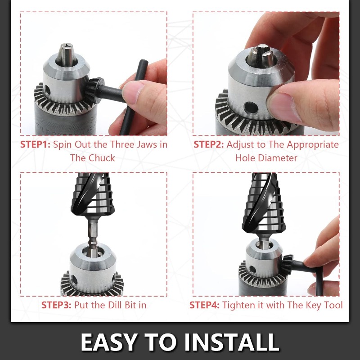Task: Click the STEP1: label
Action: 35,144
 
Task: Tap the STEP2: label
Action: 208,144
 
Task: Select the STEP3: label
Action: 56,305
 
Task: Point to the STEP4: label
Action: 204,305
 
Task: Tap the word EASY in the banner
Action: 109,342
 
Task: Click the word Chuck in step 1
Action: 102,158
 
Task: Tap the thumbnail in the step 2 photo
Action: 284,107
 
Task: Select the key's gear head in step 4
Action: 287,265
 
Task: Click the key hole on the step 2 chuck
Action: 251,108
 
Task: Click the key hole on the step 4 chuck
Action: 252,269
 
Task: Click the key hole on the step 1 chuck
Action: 47,90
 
